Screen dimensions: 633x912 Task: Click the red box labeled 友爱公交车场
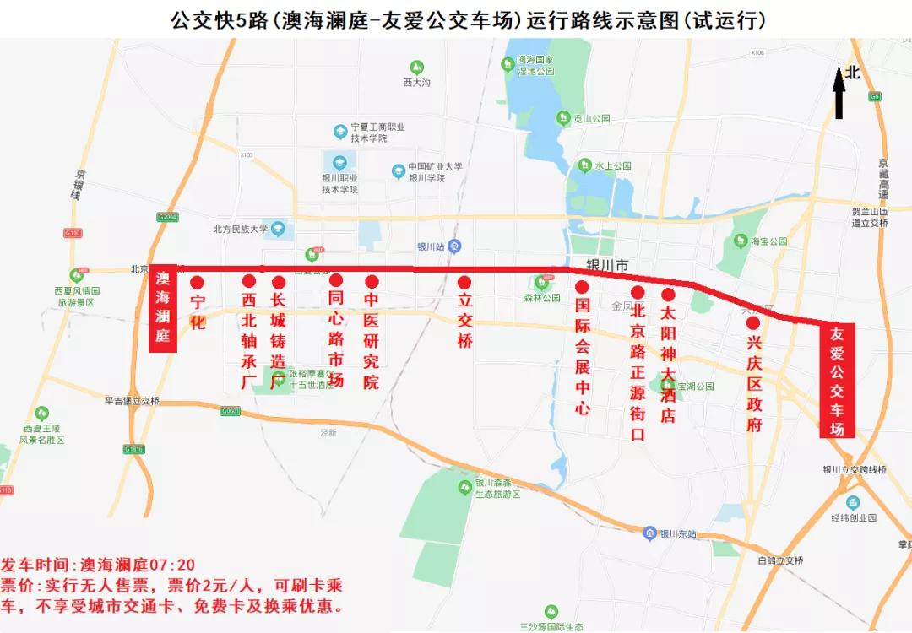click(x=837, y=381)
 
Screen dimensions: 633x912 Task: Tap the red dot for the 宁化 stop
click(x=198, y=282)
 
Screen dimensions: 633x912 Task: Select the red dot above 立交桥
click(x=464, y=282)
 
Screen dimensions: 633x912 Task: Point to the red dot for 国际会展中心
click(x=582, y=286)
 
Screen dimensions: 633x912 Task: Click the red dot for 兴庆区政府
click(x=753, y=322)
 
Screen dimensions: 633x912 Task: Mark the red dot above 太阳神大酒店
click(x=668, y=295)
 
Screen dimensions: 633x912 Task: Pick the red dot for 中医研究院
click(x=372, y=282)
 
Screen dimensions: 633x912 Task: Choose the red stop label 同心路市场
click(x=335, y=338)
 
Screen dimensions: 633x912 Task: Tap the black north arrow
click(x=840, y=94)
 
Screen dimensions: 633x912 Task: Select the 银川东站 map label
click(x=677, y=533)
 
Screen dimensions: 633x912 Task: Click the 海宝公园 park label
click(x=768, y=241)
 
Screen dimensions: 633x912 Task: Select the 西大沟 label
click(x=417, y=83)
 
